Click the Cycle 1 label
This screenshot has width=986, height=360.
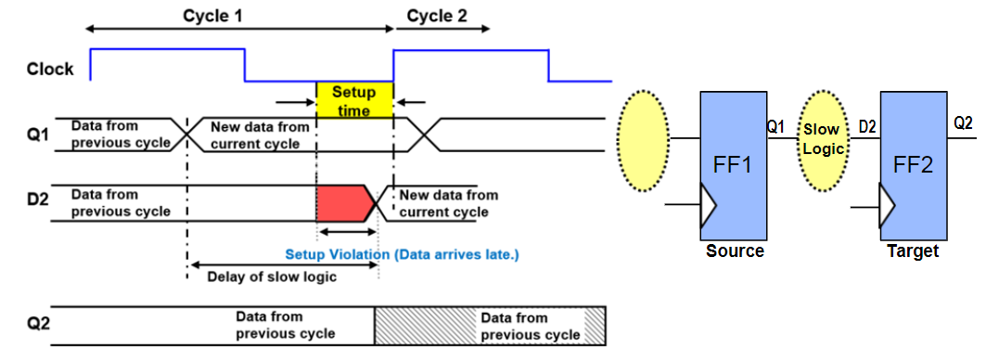(x=213, y=16)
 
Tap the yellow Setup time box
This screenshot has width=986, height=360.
(x=354, y=100)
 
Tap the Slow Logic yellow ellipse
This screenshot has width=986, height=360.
(x=822, y=138)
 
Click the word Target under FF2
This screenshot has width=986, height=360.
(x=913, y=251)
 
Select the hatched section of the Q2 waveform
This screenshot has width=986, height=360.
(x=490, y=326)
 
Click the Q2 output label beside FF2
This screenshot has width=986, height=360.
(x=964, y=122)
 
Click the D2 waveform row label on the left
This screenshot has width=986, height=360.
(x=39, y=202)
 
